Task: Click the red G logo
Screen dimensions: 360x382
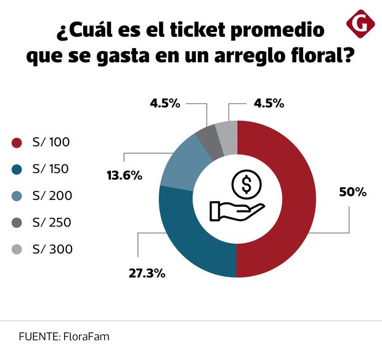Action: (x=360, y=24)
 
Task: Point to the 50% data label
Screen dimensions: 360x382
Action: (x=353, y=192)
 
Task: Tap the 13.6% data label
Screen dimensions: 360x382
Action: (x=124, y=175)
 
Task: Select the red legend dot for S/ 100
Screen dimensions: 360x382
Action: (x=17, y=143)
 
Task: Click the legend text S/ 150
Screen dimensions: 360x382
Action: (x=51, y=169)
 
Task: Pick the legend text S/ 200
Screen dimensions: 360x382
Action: (x=52, y=196)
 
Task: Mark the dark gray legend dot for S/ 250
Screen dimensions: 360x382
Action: (x=17, y=223)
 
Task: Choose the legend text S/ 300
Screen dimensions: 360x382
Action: (x=52, y=249)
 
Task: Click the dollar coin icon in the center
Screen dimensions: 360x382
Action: (x=246, y=183)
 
